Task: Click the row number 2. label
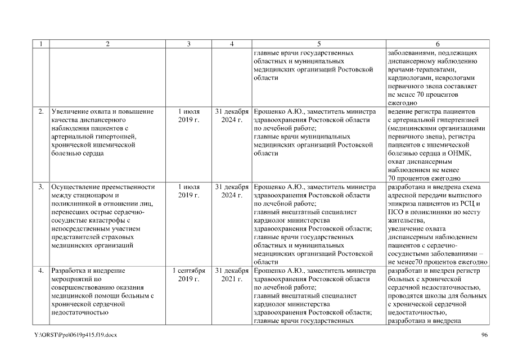[41, 112]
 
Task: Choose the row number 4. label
[41, 271]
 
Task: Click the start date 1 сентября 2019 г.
[188, 274]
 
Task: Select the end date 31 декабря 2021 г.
[232, 274]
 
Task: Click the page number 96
[484, 335]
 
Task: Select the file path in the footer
[75, 335]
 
